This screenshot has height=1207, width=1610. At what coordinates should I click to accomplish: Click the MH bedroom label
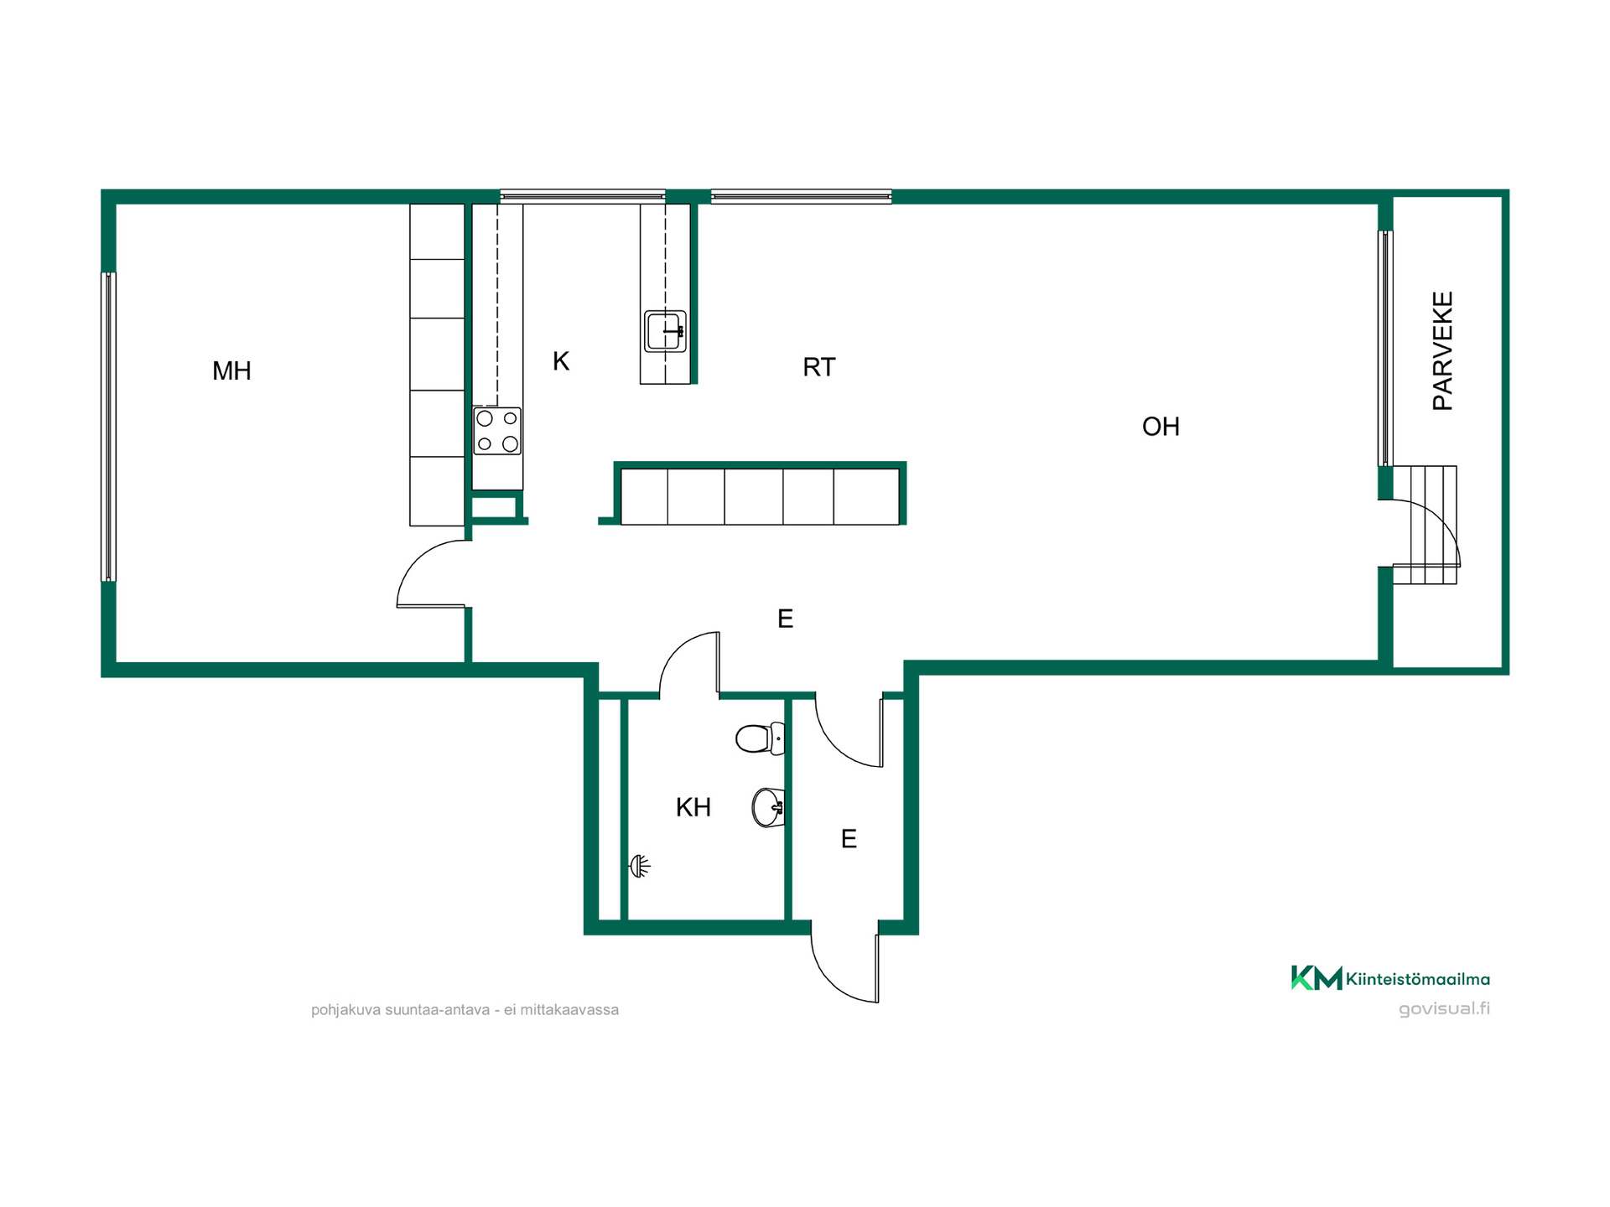pyautogui.click(x=231, y=370)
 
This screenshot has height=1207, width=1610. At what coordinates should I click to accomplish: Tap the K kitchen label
pyautogui.click(x=561, y=361)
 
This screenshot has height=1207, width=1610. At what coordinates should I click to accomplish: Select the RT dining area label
pyautogui.click(x=818, y=367)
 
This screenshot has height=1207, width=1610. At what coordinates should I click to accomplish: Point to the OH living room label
pyautogui.click(x=1161, y=427)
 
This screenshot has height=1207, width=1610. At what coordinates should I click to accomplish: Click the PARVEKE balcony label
pyautogui.click(x=1442, y=350)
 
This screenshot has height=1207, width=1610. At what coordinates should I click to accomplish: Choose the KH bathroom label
pyautogui.click(x=693, y=807)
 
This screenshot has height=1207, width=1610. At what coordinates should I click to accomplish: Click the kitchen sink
pyautogui.click(x=665, y=331)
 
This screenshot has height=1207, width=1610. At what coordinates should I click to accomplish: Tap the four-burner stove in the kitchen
pyautogui.click(x=497, y=431)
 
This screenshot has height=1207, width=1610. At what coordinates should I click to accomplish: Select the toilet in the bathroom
pyautogui.click(x=761, y=738)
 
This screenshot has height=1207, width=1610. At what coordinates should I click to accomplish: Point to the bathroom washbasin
pyautogui.click(x=768, y=808)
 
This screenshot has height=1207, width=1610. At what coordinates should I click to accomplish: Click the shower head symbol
pyautogui.click(x=639, y=866)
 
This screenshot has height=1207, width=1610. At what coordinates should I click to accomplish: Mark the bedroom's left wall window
pyautogui.click(x=108, y=427)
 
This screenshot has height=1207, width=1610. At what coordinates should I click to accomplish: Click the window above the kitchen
pyautogui.click(x=583, y=196)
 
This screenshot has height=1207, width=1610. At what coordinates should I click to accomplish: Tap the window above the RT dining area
pyautogui.click(x=801, y=196)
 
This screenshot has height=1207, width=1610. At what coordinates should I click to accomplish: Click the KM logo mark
pyautogui.click(x=1317, y=977)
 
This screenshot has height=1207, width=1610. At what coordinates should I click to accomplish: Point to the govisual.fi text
pyautogui.click(x=1444, y=1008)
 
